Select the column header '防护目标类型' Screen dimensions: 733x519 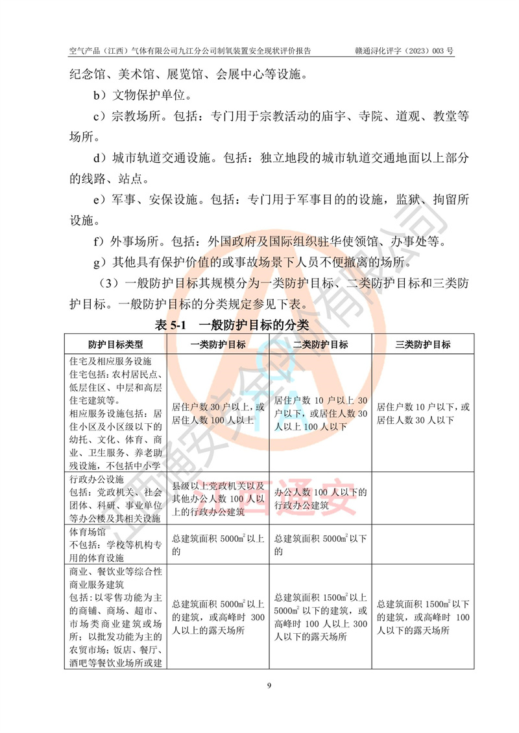pyautogui.click(x=115, y=345)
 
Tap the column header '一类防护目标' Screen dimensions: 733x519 pyautogui.click(x=218, y=345)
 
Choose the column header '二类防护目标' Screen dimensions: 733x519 pyautogui.click(x=320, y=345)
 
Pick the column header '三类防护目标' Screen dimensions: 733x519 pyautogui.click(x=422, y=345)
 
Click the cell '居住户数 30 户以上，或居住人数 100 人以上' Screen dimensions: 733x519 pyautogui.click(x=218, y=413)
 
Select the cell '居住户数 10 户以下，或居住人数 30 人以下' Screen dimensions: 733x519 pyautogui.click(x=422, y=413)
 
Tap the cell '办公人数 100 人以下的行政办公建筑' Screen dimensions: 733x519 pyautogui.click(x=320, y=498)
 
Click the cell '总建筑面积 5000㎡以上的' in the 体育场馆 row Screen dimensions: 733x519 pyautogui.click(x=218, y=544)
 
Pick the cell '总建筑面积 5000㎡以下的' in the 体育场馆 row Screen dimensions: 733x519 pyautogui.click(x=320, y=544)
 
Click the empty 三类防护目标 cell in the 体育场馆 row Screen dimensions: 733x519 pyautogui.click(x=422, y=544)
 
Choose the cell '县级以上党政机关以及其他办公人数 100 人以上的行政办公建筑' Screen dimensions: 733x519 pyautogui.click(x=218, y=498)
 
